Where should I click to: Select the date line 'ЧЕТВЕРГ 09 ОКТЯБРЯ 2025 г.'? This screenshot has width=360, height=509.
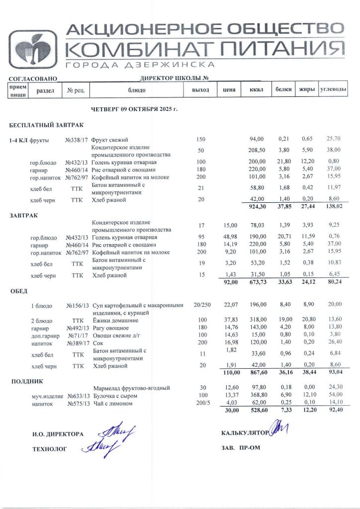click(134, 108)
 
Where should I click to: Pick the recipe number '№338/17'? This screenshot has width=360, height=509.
click(77, 140)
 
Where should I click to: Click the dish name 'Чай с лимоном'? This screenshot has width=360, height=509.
click(112, 404)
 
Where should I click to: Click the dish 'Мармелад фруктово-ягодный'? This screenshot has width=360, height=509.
click(132, 388)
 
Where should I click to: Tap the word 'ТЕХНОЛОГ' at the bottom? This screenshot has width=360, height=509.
click(49, 448)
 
